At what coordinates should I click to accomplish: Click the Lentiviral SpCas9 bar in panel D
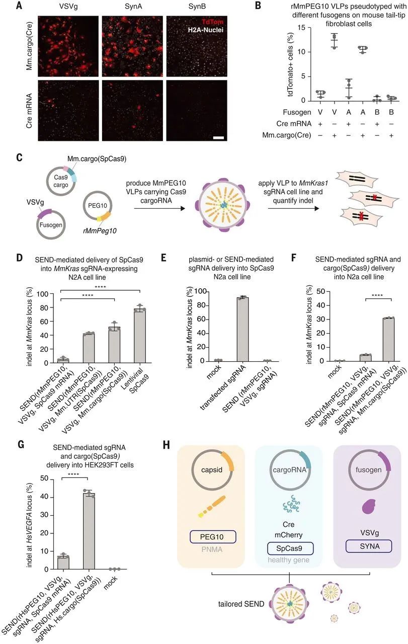140,336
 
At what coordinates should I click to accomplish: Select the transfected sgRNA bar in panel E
242,330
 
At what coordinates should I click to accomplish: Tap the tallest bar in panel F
388,340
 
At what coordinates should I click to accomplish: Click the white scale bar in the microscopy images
219,138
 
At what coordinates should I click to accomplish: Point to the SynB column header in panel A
197,6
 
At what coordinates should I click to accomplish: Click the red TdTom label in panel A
212,22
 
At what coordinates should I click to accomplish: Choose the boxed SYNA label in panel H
369,546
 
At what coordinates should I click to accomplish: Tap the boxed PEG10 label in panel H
213,537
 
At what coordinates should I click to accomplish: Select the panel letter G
21,445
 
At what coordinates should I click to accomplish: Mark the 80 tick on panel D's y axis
44,308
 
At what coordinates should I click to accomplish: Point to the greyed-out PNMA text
212,550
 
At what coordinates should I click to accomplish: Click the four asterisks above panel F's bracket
377,295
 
